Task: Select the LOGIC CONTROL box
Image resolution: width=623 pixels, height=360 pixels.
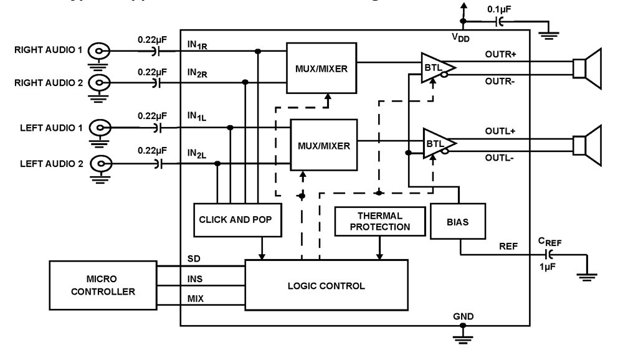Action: [x=326, y=286]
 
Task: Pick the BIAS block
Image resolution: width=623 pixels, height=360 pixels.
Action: [x=458, y=221]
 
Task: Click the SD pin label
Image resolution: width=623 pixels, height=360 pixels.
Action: [x=193, y=258]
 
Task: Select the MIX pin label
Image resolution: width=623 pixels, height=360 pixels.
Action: [x=195, y=299]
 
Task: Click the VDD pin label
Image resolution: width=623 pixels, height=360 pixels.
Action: [x=460, y=37]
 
